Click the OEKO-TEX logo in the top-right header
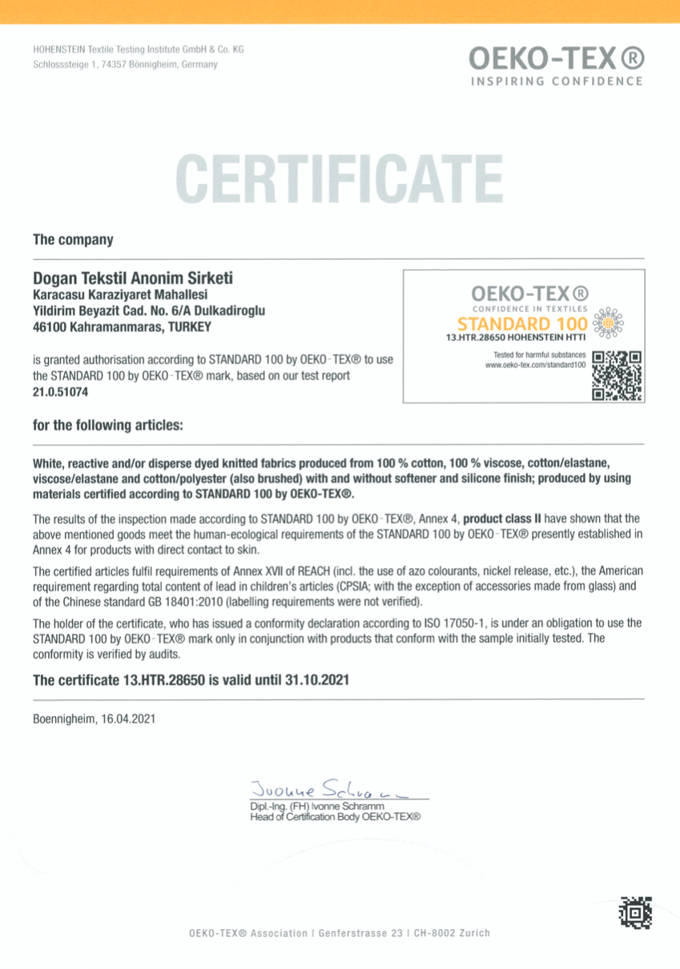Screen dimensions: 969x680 pos(555,58)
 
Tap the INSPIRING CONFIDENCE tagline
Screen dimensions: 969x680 pos(556,81)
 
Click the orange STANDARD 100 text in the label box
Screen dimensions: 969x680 pos(523,324)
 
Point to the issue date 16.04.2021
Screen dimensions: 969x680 pos(128,719)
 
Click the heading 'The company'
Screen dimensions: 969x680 pos(73,239)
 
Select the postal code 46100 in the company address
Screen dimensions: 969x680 pos(49,326)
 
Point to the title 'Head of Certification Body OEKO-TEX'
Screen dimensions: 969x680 pos(336,816)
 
